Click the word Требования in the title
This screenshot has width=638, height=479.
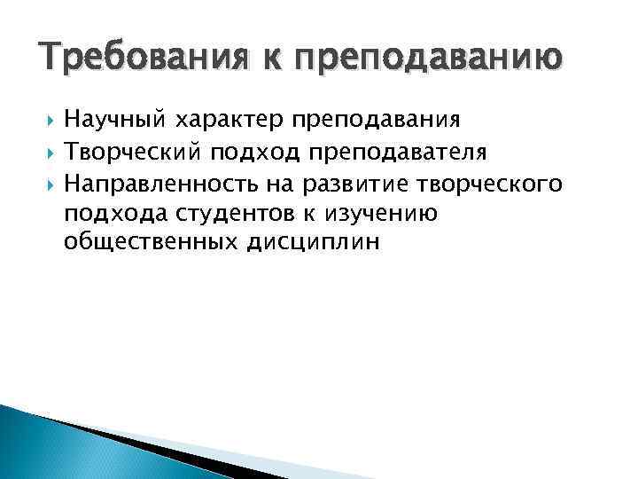tap(132, 59)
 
